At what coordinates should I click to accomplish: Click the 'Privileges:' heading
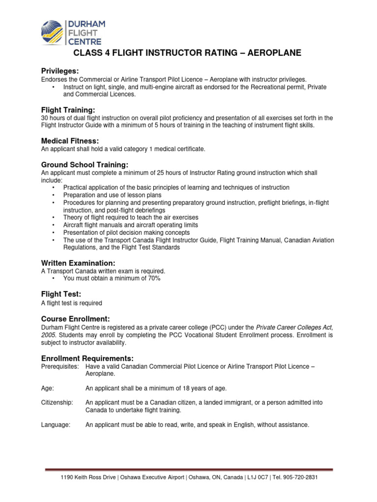tap(60, 71)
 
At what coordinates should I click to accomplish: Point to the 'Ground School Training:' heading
tap(85, 164)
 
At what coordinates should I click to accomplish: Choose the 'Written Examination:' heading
tap(78, 263)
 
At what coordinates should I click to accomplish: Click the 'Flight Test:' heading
tap(60, 294)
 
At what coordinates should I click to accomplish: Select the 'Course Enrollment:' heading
tap(75, 318)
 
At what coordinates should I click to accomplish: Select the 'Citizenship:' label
tap(57, 402)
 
